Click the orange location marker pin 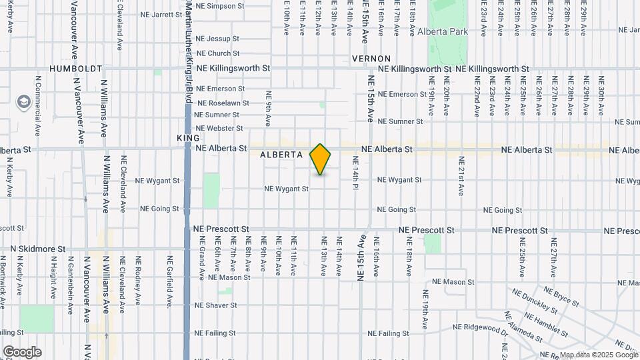click(320, 159)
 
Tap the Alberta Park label click(443, 31)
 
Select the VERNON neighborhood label click(371, 59)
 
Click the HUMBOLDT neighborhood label click(76, 69)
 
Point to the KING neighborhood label click(188, 137)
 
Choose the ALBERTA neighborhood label click(281, 154)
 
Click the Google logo click(22, 352)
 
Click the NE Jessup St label click(218, 39)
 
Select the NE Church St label click(218, 53)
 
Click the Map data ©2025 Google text click(597, 355)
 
